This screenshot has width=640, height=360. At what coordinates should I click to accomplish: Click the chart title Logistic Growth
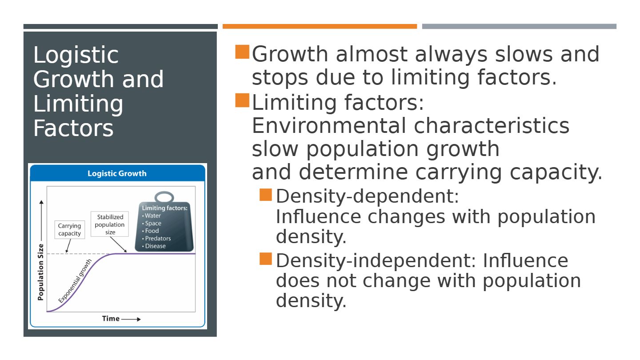[x=117, y=173]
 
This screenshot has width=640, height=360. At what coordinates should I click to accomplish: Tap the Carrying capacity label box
[x=70, y=229]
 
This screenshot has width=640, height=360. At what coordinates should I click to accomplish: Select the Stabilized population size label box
[x=110, y=224]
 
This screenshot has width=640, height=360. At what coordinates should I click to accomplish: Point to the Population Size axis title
[x=41, y=272]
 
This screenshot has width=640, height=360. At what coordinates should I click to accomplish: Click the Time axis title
[x=111, y=319]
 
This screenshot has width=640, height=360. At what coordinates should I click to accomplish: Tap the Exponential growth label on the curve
[x=75, y=281]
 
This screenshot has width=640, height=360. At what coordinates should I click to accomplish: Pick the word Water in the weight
[x=152, y=216]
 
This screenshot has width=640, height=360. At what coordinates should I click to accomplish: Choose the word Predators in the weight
[x=158, y=238]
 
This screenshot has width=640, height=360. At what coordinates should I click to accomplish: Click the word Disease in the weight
[x=156, y=246]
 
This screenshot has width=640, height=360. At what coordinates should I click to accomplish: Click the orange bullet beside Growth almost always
[x=242, y=52]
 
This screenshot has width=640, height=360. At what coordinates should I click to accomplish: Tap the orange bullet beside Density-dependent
[x=266, y=195]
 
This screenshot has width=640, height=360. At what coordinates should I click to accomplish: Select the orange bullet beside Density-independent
[x=266, y=259]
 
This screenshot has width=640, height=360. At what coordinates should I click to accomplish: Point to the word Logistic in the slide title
[x=76, y=56]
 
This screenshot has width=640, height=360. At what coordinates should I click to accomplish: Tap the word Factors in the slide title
[x=73, y=128]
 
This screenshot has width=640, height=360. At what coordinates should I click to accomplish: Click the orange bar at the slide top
[x=320, y=26]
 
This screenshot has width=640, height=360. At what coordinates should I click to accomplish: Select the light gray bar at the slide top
[x=519, y=26]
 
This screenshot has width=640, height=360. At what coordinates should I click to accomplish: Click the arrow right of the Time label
[x=131, y=319]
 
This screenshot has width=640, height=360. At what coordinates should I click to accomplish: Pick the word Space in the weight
[x=153, y=224]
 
